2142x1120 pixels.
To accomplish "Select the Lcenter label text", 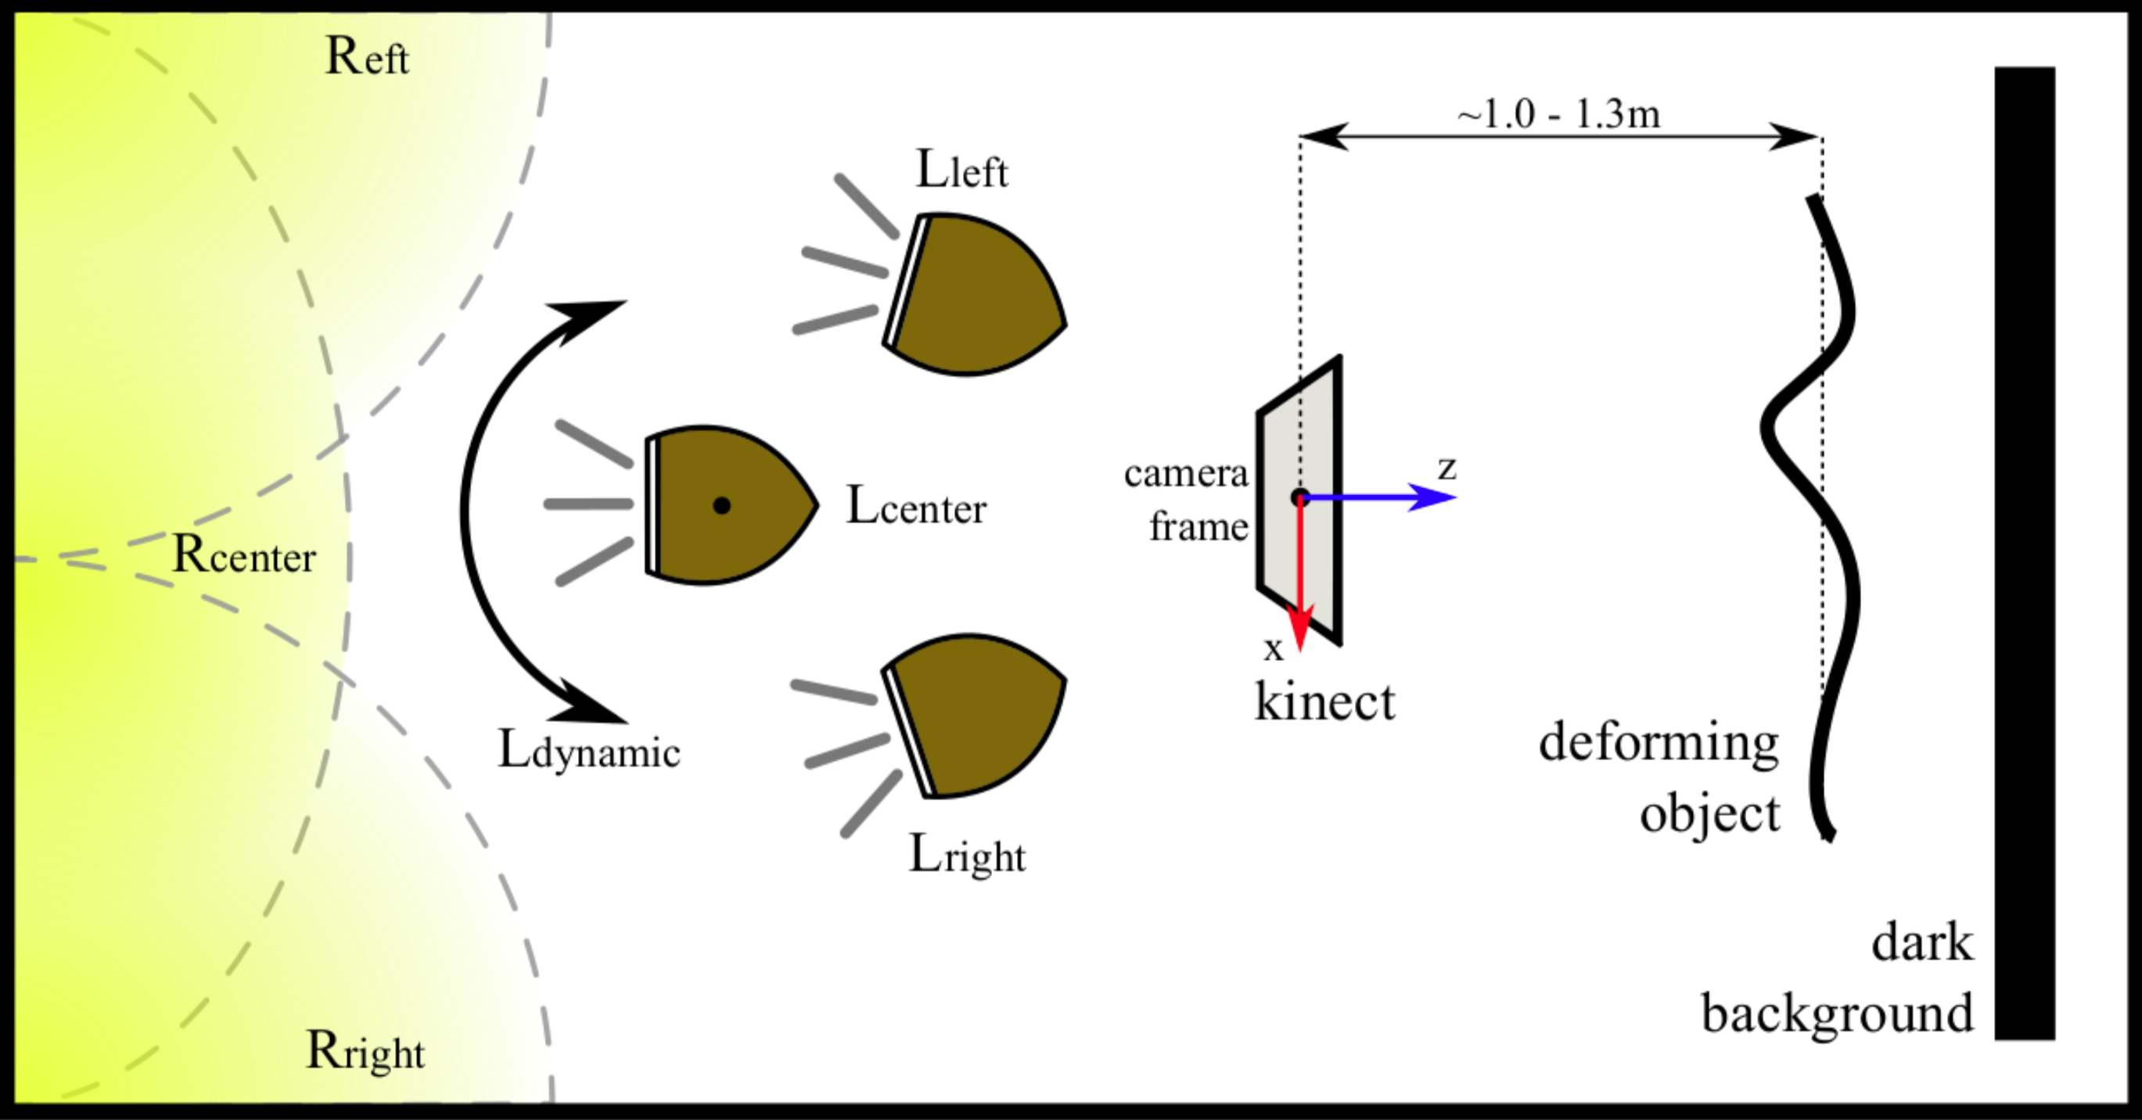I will coord(915,505).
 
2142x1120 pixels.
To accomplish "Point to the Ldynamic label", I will coord(589,751).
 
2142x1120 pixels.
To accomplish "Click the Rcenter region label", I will coord(243,555).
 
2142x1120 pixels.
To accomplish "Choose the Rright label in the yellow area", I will coord(365,1051).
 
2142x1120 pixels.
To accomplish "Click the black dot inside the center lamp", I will coord(722,505).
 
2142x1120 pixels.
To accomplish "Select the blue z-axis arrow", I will coord(1380,497).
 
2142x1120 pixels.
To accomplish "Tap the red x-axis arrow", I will coord(1299,582).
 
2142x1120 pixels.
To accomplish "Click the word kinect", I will coord(1324,702).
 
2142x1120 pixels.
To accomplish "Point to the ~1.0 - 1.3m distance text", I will coord(1558,114).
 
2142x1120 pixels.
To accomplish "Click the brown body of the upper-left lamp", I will coord(973,295).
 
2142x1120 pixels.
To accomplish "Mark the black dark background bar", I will coord(2025,553).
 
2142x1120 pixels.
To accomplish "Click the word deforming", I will coord(1658,742).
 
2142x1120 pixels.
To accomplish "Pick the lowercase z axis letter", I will coord(1447,469).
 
